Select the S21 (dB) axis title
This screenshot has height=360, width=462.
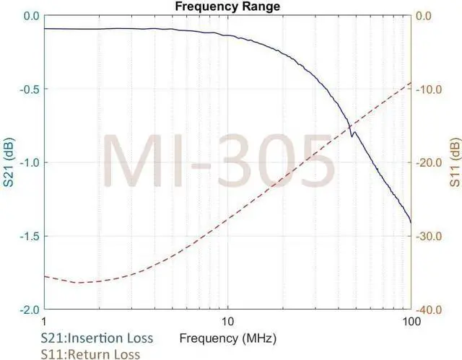9,162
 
